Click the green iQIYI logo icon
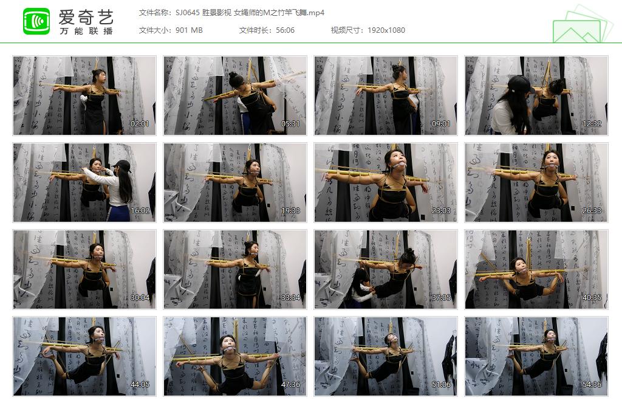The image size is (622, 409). [x=36, y=21]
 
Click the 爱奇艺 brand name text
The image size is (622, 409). [x=86, y=16]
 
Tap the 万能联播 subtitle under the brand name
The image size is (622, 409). [x=86, y=31]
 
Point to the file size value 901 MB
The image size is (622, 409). [x=189, y=30]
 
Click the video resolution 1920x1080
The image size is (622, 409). [x=386, y=30]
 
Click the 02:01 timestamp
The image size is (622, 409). [x=140, y=124]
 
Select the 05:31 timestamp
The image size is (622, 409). [x=290, y=124]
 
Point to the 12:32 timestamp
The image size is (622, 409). [x=592, y=124]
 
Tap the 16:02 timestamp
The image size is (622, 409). [x=140, y=211]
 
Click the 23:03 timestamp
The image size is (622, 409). [x=441, y=211]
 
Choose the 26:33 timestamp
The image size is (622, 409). [x=592, y=211]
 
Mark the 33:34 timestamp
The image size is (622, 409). [x=290, y=298]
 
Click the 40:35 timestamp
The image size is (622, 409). [x=592, y=298]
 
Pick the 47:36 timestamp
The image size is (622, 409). [x=290, y=385]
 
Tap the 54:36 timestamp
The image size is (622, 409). [x=592, y=385]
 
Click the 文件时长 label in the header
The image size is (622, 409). [x=255, y=30]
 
